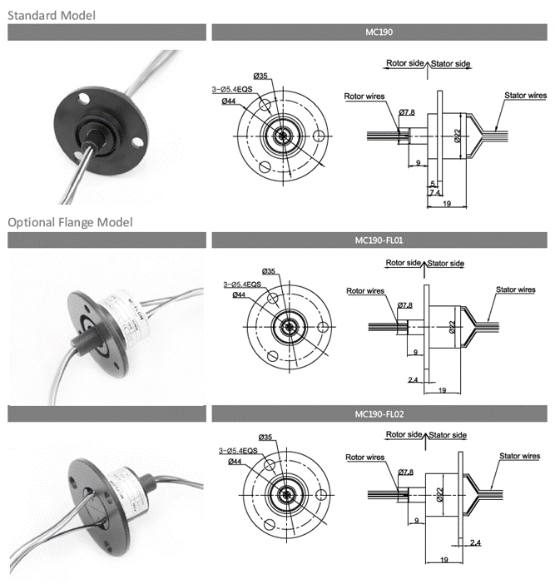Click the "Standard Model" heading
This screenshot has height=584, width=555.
click(52, 15)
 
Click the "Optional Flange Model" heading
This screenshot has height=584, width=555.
click(70, 222)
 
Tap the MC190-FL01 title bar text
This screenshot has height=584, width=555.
click(379, 240)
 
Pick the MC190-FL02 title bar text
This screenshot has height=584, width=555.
click(379, 413)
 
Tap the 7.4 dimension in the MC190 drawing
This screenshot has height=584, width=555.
click(434, 191)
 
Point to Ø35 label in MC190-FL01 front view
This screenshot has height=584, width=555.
click(269, 271)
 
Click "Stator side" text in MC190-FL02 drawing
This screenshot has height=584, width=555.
click(449, 435)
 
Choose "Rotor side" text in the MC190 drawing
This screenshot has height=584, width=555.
click(405, 63)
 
